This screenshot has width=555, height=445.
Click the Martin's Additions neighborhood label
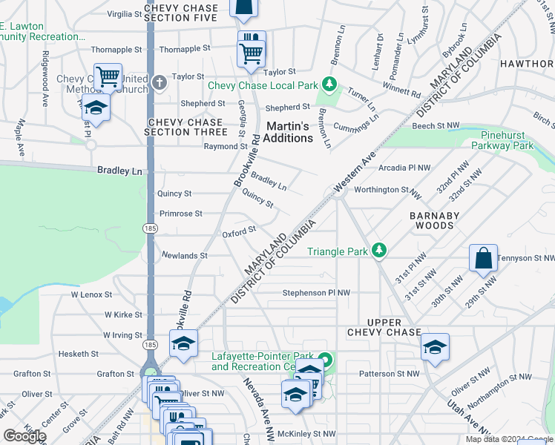click(x=289, y=132)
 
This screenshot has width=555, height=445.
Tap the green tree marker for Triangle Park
click(x=379, y=251)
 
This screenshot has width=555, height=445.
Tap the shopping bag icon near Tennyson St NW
click(x=482, y=259)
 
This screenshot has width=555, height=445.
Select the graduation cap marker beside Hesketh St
click(x=183, y=343)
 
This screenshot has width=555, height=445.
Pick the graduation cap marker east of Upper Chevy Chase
click(x=434, y=346)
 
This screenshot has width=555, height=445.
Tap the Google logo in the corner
click(x=24, y=435)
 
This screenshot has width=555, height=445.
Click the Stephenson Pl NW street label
click(x=315, y=293)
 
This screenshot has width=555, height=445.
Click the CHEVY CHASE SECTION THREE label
click(x=185, y=127)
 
